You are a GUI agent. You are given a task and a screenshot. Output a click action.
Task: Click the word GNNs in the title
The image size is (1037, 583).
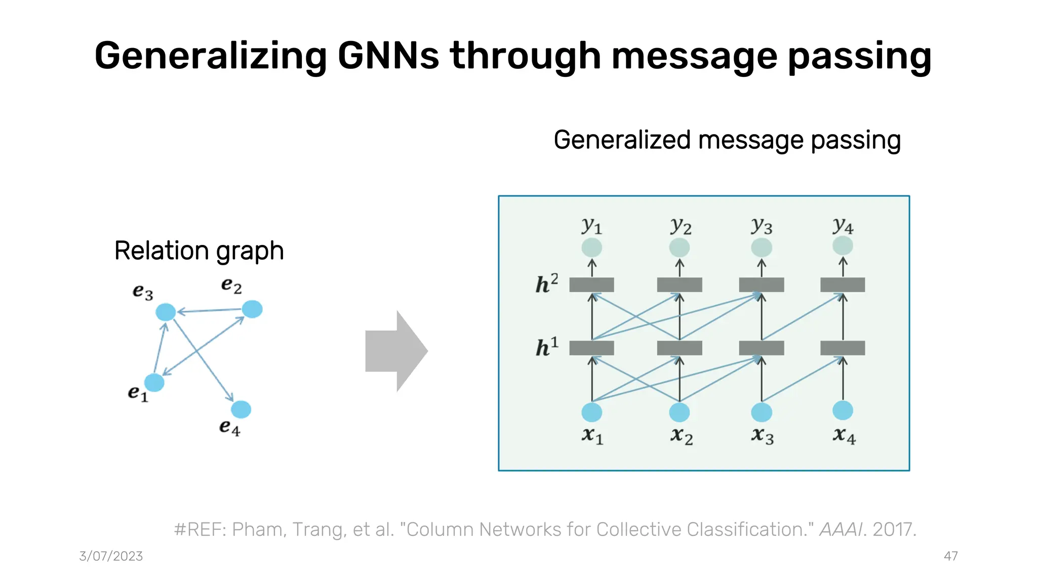[388, 56]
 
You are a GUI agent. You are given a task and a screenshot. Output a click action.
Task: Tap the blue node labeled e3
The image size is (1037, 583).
[166, 312]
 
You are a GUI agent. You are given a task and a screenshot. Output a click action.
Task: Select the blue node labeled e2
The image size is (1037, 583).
[252, 309]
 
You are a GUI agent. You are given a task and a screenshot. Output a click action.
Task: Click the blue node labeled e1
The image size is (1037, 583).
[154, 383]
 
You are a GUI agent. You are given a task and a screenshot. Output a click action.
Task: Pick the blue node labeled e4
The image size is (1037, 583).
[241, 409]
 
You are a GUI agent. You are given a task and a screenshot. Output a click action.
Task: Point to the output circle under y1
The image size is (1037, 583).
[591, 247]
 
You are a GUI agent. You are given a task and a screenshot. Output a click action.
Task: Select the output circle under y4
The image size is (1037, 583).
[843, 246]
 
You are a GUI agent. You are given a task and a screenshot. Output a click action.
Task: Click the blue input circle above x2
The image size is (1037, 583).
[679, 412]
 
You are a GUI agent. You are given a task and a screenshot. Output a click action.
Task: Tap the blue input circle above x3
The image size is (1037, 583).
[762, 412]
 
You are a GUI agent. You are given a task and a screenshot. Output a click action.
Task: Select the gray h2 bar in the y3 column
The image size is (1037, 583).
[762, 285]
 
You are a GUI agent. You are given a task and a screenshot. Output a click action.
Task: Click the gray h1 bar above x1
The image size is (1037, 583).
[591, 348]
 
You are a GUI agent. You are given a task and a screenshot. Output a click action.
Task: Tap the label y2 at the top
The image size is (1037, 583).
[681, 226]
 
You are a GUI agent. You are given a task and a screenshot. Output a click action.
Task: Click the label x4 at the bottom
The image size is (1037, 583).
[844, 435]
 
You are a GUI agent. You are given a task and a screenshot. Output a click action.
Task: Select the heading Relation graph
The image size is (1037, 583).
[199, 251]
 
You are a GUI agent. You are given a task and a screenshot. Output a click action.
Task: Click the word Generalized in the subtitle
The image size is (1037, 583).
[622, 140]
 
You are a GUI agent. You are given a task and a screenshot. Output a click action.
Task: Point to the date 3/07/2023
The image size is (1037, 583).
[111, 556]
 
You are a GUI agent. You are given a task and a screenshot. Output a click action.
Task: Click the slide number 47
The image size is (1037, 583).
[950, 556]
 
